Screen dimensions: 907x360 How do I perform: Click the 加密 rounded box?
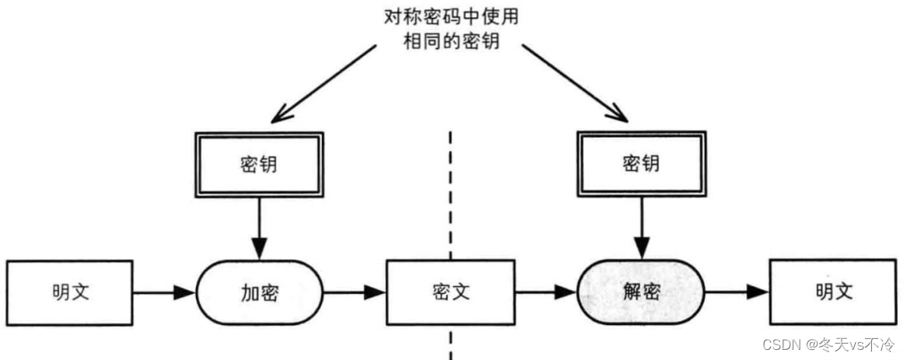(260, 292)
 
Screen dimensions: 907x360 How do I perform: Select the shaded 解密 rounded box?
(641, 292)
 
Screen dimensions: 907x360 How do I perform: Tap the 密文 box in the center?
(450, 292)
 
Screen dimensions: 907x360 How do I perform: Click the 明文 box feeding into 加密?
(69, 292)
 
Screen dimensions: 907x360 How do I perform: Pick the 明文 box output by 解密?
(834, 292)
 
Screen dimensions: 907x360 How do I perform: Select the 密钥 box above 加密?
(259, 165)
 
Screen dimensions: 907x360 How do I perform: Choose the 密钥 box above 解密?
(641, 164)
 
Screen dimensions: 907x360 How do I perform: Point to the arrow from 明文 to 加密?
(165, 293)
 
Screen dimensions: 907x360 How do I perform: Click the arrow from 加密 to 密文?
(355, 292)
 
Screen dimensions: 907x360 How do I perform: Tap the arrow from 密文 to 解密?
(546, 292)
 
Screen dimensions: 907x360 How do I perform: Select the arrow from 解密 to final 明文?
(737, 292)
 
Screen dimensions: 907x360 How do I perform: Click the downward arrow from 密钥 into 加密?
(259, 229)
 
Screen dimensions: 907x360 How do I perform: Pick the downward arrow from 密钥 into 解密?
(641, 229)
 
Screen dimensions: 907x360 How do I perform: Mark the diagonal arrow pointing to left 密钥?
(324, 84)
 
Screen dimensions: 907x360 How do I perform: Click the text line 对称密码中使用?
(450, 17)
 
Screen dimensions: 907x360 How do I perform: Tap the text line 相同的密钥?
(450, 42)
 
